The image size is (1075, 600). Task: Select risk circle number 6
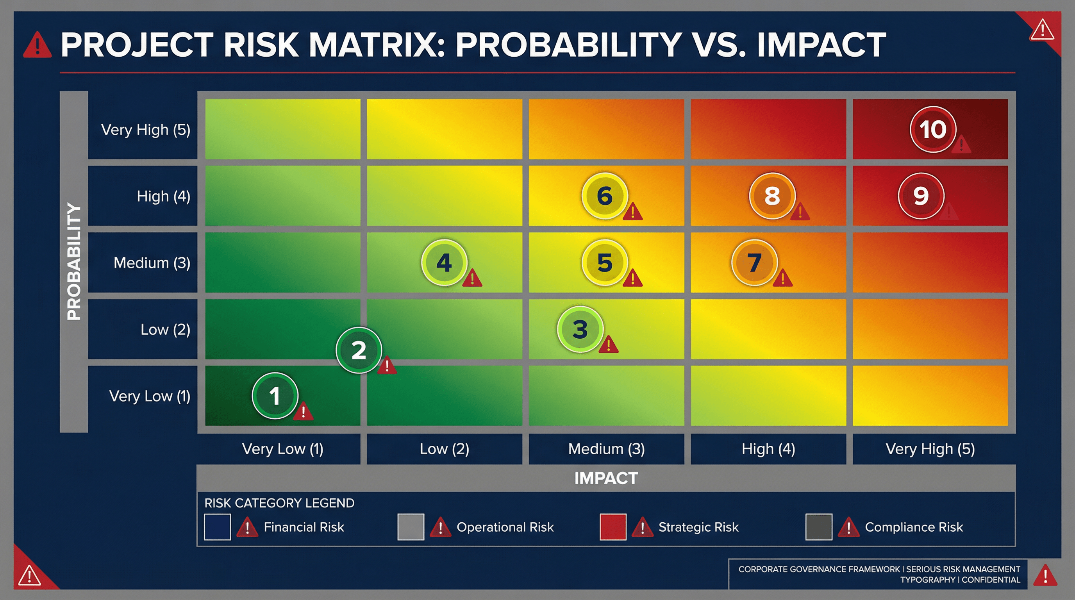(604, 196)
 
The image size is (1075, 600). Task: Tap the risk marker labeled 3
(580, 329)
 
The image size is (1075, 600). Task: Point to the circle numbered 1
(275, 395)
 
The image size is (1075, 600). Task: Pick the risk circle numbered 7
(754, 262)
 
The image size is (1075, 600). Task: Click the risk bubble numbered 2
(359, 350)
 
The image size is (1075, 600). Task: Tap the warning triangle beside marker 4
(472, 278)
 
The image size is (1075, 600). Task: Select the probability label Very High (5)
(146, 130)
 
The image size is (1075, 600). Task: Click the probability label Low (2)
(165, 330)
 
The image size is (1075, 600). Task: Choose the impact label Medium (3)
(606, 449)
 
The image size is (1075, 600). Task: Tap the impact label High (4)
(768, 449)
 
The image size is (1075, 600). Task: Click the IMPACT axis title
(605, 478)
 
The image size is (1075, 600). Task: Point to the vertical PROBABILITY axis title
(74, 262)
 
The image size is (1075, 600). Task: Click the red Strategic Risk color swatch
(612, 527)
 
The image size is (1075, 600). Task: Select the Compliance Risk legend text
(914, 527)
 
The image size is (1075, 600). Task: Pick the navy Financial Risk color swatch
(217, 527)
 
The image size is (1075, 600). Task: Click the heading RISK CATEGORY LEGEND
(279, 503)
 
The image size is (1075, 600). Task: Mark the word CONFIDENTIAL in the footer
(991, 580)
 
